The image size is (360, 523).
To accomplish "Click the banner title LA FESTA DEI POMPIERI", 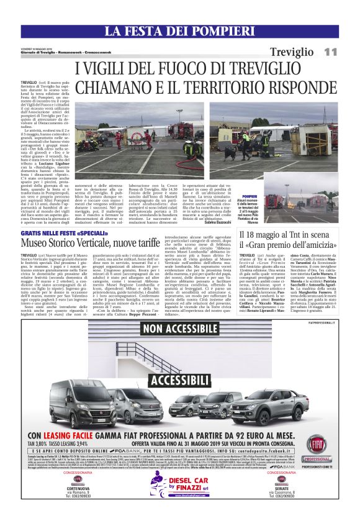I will [179, 31].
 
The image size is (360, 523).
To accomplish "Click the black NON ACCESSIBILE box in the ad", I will [179, 328].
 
